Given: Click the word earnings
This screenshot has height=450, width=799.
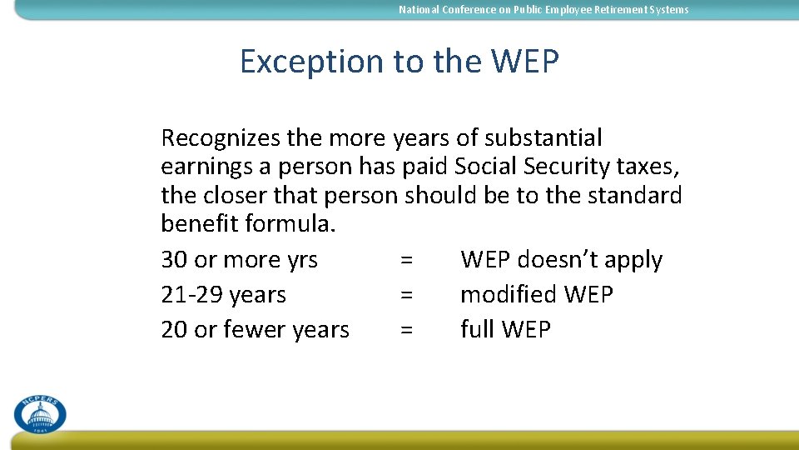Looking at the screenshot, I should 206,167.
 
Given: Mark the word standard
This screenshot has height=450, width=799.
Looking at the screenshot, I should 639,196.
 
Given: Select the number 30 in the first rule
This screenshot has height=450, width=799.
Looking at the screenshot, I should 174,260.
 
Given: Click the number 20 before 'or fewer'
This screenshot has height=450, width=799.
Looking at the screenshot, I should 174,330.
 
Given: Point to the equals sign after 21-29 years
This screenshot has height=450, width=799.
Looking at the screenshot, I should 406,295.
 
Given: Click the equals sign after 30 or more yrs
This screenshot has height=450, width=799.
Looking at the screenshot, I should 406,260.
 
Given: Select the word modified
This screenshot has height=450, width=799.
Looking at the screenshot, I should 508,295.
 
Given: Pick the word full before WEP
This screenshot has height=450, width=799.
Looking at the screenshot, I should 477,330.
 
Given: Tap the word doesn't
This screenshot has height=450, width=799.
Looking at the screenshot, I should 548,260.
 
